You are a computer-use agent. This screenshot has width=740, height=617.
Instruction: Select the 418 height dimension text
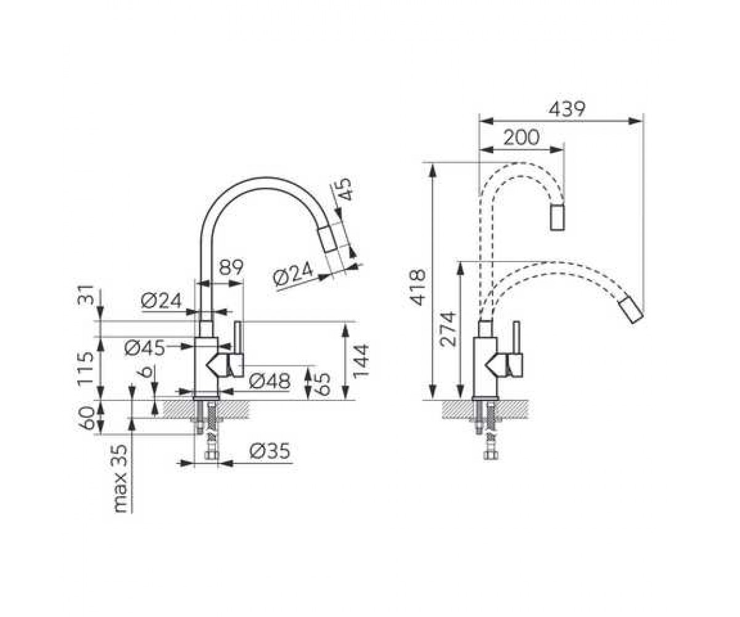(417, 288)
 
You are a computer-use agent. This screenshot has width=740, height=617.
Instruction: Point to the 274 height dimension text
(447, 329)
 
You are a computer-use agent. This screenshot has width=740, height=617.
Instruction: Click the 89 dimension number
(231, 268)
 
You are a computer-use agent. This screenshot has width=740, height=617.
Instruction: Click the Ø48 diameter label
(269, 381)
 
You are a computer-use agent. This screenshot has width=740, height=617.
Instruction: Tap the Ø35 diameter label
(269, 451)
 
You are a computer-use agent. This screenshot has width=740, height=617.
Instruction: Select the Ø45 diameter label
(145, 348)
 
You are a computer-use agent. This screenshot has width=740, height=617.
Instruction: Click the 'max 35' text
(121, 478)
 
